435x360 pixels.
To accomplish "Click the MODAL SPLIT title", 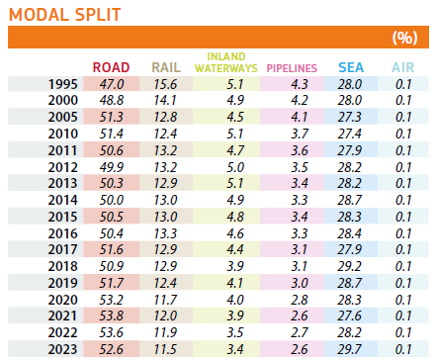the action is [x=65, y=15].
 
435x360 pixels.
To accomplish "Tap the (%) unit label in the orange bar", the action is [x=405, y=38].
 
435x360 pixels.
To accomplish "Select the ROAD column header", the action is [x=111, y=67].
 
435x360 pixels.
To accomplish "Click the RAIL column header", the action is [x=166, y=67].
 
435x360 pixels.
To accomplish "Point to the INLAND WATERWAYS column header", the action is [x=226, y=62].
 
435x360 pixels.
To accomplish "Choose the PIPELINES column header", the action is [x=292, y=68].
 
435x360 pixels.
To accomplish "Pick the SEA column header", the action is [x=351, y=67].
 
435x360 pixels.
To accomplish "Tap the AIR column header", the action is [x=402, y=67].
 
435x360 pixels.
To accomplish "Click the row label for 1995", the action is [x=63, y=84].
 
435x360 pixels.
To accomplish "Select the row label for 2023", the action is [x=63, y=349].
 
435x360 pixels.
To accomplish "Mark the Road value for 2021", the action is [x=112, y=315].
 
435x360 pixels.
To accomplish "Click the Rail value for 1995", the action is [x=165, y=84].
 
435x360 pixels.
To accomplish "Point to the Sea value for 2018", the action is [x=349, y=266].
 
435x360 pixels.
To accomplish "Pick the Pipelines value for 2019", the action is [x=300, y=283].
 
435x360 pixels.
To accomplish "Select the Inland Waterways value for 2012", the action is [x=235, y=167].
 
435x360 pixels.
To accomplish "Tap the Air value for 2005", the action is [x=403, y=117].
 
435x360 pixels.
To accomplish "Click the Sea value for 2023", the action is [x=349, y=349].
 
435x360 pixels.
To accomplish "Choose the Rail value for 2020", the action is [x=165, y=300].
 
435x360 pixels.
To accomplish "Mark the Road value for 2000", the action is [x=112, y=100].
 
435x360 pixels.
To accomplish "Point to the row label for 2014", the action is [x=63, y=200].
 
